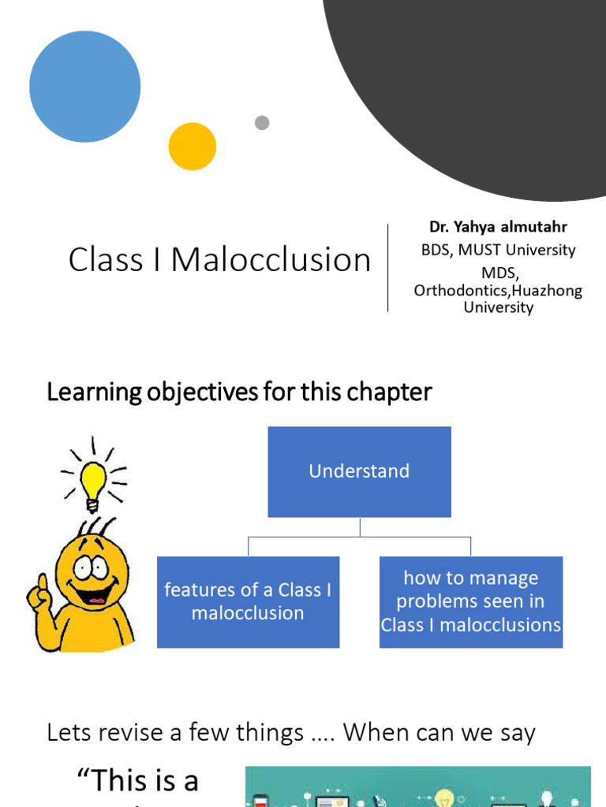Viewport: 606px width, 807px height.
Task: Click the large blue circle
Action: pyautogui.click(x=85, y=87)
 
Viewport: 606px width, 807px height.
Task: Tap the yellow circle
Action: pyautogui.click(x=193, y=147)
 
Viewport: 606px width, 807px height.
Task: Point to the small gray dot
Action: pyautogui.click(x=262, y=122)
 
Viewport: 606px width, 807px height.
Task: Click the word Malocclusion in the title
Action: pyautogui.click(x=271, y=260)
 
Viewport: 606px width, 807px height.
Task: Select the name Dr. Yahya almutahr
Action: pyautogui.click(x=498, y=227)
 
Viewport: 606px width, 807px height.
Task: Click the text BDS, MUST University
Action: pyautogui.click(x=498, y=251)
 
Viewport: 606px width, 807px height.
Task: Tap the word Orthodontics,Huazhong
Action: pyautogui.click(x=498, y=291)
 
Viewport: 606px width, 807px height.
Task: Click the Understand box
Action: pyautogui.click(x=359, y=471)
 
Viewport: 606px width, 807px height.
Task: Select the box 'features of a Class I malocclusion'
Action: pyautogui.click(x=248, y=601)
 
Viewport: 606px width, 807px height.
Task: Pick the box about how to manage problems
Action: pyautogui.click(x=471, y=601)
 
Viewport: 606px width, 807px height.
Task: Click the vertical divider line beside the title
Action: pyautogui.click(x=388, y=268)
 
